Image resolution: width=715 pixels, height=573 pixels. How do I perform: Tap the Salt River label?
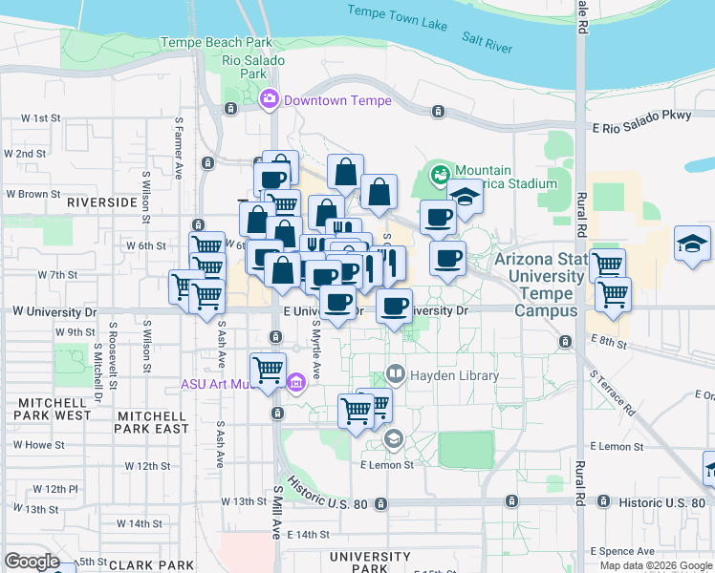487,40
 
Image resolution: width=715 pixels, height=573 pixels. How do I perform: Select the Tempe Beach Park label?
216,42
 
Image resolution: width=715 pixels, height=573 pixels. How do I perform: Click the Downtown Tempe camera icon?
270,98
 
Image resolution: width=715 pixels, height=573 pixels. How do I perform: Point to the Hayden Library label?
454,375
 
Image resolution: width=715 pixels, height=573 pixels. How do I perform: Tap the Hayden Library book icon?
396,373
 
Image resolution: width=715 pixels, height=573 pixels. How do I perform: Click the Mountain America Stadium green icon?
441,174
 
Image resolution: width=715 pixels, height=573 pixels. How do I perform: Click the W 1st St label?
41,118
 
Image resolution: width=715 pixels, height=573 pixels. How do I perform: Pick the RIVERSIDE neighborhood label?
101,202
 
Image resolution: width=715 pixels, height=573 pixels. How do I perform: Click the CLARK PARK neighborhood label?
145,565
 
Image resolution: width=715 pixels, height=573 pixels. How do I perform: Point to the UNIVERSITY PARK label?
369,562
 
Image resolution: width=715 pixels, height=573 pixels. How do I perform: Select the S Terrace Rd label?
613,392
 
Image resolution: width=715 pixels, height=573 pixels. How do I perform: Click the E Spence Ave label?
623,551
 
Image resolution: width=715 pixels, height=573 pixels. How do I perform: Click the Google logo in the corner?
32,562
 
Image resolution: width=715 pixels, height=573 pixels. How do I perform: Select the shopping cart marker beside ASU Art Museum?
269,369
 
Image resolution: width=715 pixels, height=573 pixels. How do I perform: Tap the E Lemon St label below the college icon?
387,464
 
